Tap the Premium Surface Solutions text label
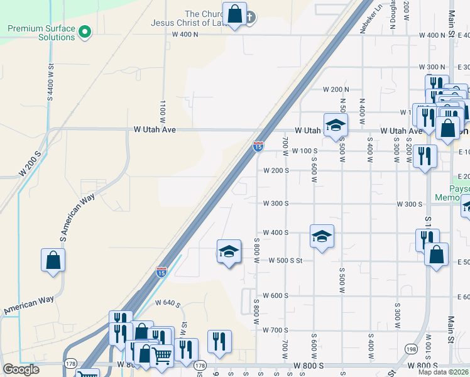pyautogui.click(x=41, y=33)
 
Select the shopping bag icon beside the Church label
pyautogui.click(x=235, y=14)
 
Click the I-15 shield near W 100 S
pyautogui.click(x=258, y=146)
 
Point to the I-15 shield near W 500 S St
pyautogui.click(x=161, y=272)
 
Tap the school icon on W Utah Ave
pyautogui.click(x=336, y=125)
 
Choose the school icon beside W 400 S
pyautogui.click(x=322, y=237)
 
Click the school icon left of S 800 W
pyautogui.click(x=229, y=252)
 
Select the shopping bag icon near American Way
pyautogui.click(x=53, y=260)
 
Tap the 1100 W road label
pyautogui.click(x=163, y=111)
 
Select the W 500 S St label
pyautogui.click(x=286, y=260)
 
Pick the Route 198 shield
pyautogui.click(x=410, y=349)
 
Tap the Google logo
pyautogui.click(x=21, y=369)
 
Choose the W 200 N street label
pyautogui.click(x=336, y=90)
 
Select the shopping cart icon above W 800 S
pyautogui.click(x=163, y=356)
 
